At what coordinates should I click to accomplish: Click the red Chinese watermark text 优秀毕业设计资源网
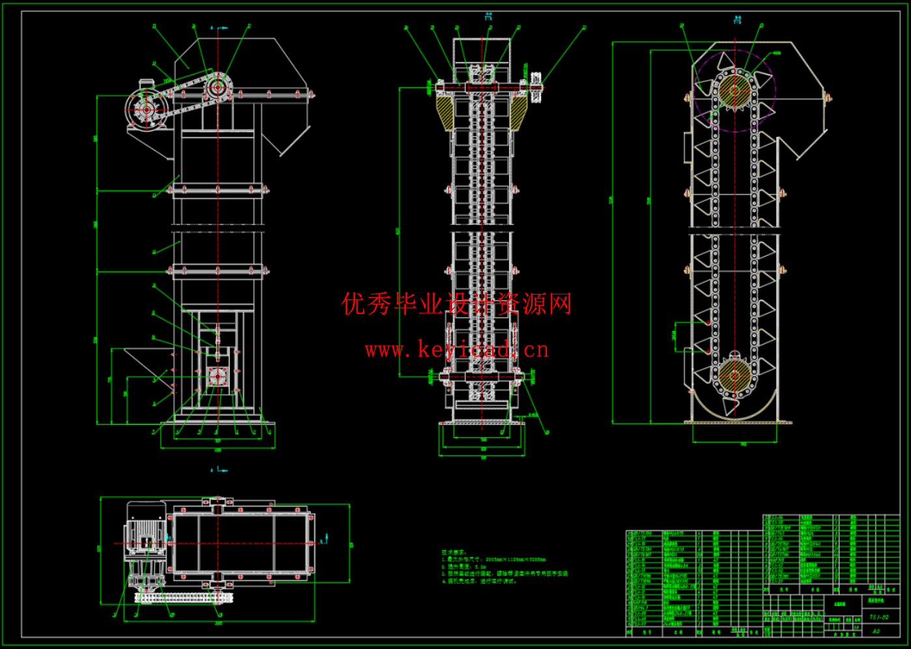(x=456, y=304)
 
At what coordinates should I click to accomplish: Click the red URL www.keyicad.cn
(x=456, y=350)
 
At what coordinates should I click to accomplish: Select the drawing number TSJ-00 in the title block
(x=879, y=616)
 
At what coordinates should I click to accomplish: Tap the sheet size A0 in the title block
(x=876, y=631)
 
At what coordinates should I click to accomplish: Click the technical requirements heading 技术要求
(x=454, y=552)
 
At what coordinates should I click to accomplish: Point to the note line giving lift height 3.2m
(x=466, y=567)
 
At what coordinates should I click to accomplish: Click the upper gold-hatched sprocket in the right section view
(x=735, y=89)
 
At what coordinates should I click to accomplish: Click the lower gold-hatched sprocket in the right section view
(x=735, y=374)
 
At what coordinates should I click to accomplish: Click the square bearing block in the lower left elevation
(x=217, y=377)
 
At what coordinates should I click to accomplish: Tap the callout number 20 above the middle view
(x=584, y=27)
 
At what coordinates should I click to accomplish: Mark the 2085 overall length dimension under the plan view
(x=218, y=623)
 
